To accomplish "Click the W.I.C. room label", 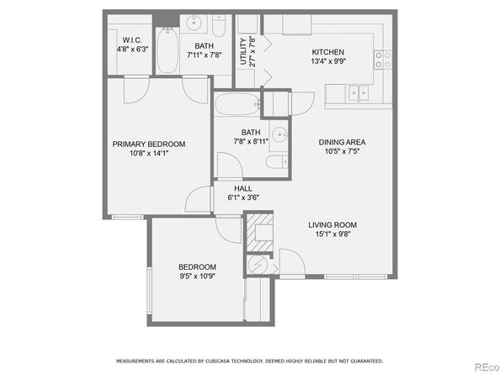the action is coord(132,40).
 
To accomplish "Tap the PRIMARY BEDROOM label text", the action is coord(149,145).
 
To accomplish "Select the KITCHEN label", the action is coord(327,52).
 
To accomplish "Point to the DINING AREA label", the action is coord(342,142).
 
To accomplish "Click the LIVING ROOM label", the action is coord(332,225).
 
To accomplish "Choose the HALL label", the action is coord(243,188).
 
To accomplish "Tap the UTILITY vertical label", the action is coord(243,51).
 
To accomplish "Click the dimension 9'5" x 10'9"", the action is coord(198,276).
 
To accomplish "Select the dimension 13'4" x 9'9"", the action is coord(328,61).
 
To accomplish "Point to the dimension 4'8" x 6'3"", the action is coord(132,50).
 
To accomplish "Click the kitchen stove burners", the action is coord(383,60).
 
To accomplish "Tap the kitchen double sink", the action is coord(359,93).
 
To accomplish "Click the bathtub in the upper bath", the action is coord(168,50).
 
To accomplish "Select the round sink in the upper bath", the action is coord(194,23).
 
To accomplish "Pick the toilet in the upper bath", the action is coord(219,25).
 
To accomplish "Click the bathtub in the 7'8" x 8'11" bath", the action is coord(237,103).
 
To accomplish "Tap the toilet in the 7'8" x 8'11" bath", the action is coord(277,162).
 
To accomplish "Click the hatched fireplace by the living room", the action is coord(260,232).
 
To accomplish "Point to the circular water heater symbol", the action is coord(257,265).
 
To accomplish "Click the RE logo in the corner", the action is coord(487,367).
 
